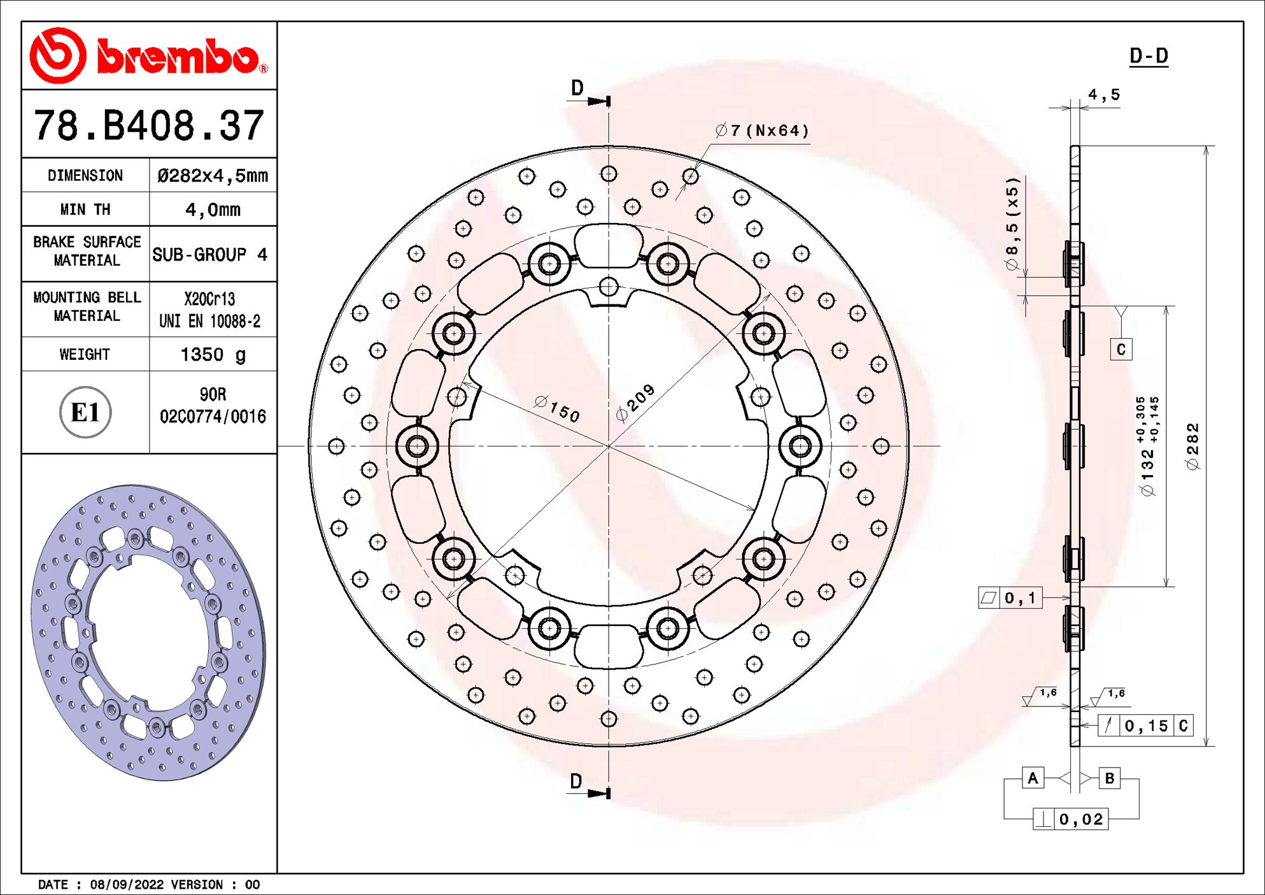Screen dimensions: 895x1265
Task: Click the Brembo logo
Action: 149,56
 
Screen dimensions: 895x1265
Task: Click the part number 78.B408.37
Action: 149,125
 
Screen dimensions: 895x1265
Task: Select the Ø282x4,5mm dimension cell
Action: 213,175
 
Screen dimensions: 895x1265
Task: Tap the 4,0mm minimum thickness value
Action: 213,210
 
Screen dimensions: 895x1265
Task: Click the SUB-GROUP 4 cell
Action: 209,255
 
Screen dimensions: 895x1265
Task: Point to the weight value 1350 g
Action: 213,354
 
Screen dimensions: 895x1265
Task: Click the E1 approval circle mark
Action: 85,412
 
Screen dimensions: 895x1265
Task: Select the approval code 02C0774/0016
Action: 213,417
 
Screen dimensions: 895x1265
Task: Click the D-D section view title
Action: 1148,56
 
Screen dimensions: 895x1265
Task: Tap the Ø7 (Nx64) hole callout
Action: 762,131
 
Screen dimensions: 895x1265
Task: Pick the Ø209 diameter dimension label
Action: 635,403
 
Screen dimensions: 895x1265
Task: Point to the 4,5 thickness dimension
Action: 1104,95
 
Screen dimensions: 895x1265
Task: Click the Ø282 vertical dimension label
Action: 1192,447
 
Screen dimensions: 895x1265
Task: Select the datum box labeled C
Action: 1121,349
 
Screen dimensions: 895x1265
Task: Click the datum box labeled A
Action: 1033,778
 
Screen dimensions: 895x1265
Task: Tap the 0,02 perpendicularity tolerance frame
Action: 1071,819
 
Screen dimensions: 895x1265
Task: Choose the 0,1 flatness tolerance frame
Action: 1010,598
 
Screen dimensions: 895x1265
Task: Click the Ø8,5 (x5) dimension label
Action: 1012,224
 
